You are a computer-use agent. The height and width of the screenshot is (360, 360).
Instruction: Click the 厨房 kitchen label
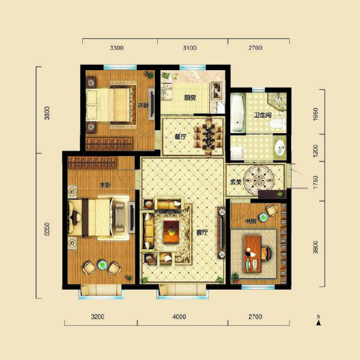coord(190,98)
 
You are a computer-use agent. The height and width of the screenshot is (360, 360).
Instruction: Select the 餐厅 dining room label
coord(181,137)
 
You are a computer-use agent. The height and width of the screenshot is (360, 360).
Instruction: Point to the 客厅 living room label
coord(202,232)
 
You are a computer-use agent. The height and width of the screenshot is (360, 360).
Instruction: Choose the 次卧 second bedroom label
coord(142,105)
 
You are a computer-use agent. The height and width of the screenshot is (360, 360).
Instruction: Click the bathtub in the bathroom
coord(238,114)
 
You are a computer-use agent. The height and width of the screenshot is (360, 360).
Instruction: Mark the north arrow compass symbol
coord(320,322)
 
